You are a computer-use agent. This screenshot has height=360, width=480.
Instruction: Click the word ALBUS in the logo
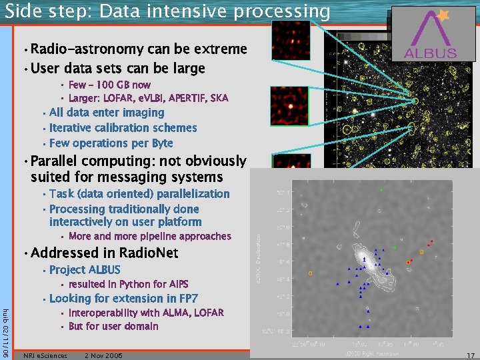(x=430, y=53)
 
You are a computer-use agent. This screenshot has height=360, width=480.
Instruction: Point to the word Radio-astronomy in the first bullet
(x=86, y=49)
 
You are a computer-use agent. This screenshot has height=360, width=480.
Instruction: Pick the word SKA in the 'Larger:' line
(x=219, y=98)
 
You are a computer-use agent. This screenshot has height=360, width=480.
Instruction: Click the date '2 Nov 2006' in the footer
(x=103, y=355)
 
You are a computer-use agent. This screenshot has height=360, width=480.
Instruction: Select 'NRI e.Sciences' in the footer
(x=45, y=355)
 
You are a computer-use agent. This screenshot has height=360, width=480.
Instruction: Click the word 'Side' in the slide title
(x=23, y=11)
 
